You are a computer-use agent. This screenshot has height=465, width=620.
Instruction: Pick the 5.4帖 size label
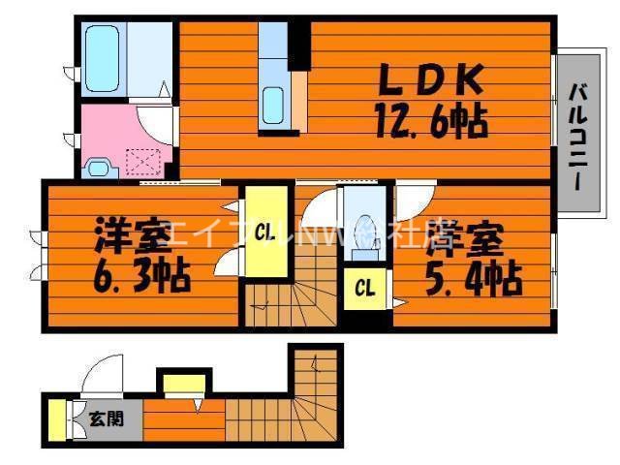(473, 280)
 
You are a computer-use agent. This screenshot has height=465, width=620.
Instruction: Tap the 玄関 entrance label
(106, 418)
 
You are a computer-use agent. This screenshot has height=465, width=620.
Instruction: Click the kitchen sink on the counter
(272, 102)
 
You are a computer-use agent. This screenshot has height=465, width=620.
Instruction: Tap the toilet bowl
(364, 233)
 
